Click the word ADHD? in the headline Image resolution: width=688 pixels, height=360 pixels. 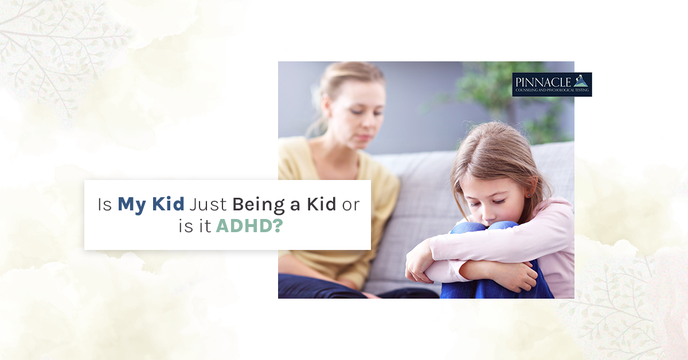pyautogui.click(x=249, y=226)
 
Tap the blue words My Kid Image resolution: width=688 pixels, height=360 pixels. pyautogui.click(x=151, y=204)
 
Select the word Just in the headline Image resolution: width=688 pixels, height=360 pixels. pyautogui.click(x=208, y=204)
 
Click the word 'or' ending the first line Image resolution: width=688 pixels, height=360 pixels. pyautogui.click(x=351, y=205)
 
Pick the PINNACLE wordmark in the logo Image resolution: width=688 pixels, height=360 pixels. pyautogui.click(x=543, y=83)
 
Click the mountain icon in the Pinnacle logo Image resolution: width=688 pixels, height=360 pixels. pyautogui.click(x=580, y=81)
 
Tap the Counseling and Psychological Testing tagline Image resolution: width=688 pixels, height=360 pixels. pyautogui.click(x=552, y=91)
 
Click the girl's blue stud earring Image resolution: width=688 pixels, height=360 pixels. pyautogui.click(x=529, y=195)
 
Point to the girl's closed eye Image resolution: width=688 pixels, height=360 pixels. pyautogui.click(x=499, y=202)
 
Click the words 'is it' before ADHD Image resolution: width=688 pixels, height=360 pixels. pyautogui.click(x=195, y=226)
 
